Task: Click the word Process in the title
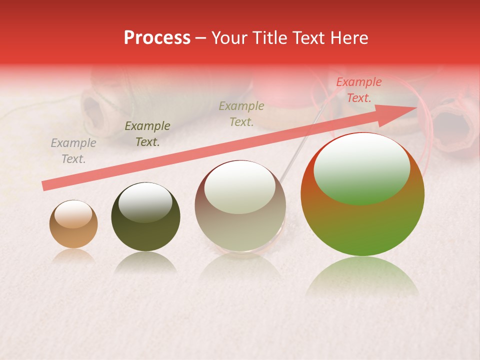157,38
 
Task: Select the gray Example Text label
73,151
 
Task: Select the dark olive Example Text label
147,134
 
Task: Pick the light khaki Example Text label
241,113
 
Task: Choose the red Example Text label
358,90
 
